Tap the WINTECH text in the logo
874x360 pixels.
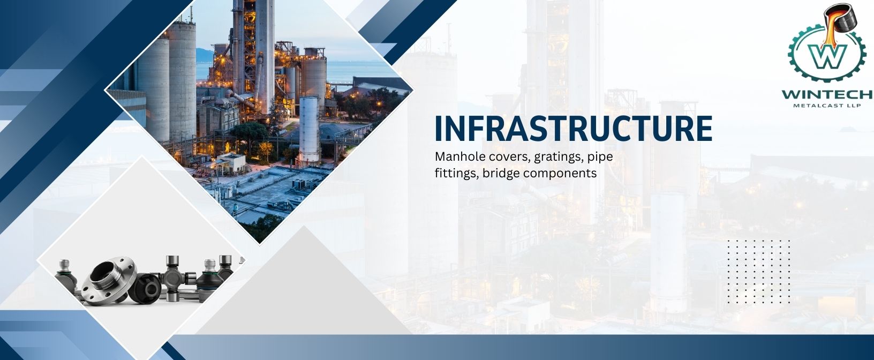pos(827,95)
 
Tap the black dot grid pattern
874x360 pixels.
pos(758,272)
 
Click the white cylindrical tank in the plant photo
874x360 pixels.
pos(309,130)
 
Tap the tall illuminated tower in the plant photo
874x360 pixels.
pos(254,55)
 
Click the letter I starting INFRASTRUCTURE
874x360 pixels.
pos(439,129)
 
